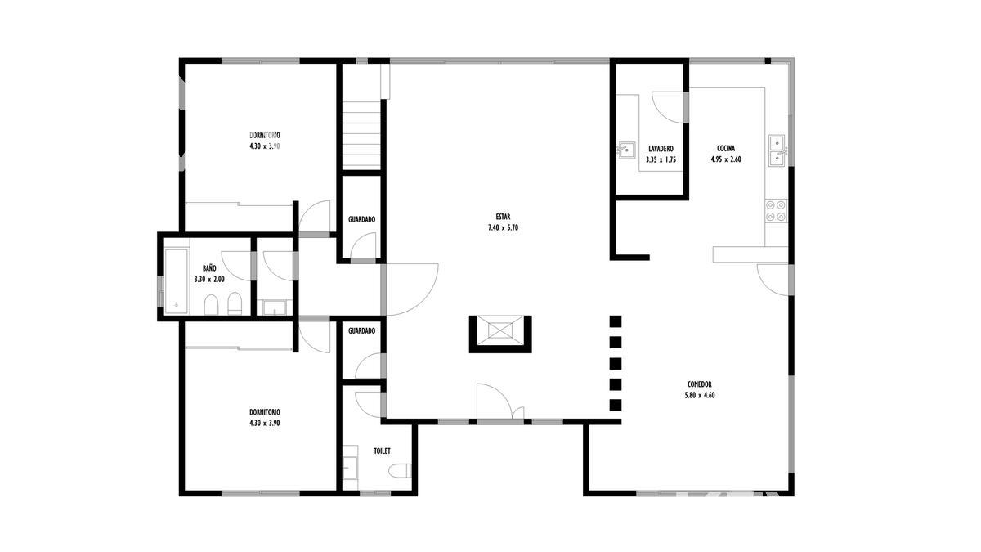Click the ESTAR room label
point(503,217)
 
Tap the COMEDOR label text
point(700,384)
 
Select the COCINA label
point(726,149)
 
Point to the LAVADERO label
point(661,149)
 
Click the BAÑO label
point(209,268)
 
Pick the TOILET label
point(382,451)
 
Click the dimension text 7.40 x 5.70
point(503,228)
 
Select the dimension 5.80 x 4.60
point(700,395)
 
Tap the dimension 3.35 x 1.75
point(661,160)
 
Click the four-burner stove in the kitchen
point(776,211)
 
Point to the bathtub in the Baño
point(176,281)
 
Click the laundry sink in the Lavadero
point(625,150)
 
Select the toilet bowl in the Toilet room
point(400,470)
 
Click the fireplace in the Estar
point(500,334)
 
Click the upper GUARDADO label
point(361,219)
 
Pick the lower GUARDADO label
point(361,330)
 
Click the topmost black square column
point(616,321)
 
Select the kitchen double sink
point(777,150)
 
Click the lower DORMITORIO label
point(265,412)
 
